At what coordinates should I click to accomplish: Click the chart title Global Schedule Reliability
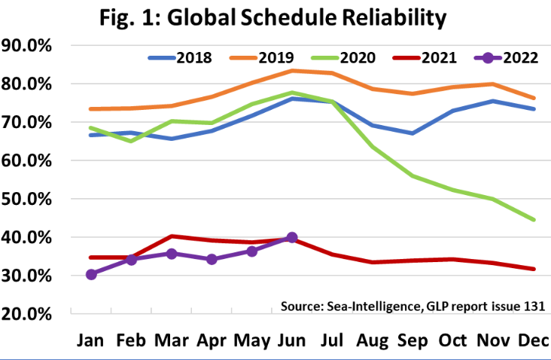276,17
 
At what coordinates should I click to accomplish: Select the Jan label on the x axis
91,341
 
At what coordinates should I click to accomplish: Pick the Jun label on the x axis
292,341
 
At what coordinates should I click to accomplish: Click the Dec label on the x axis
532,341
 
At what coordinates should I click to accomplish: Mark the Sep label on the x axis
412,341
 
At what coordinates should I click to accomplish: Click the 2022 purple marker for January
91,274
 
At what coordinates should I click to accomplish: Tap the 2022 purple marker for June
291,237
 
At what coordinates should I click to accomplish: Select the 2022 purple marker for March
171,253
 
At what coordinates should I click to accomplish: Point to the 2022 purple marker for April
212,259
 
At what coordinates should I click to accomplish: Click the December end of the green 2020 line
531,219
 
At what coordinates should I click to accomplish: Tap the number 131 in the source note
532,305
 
